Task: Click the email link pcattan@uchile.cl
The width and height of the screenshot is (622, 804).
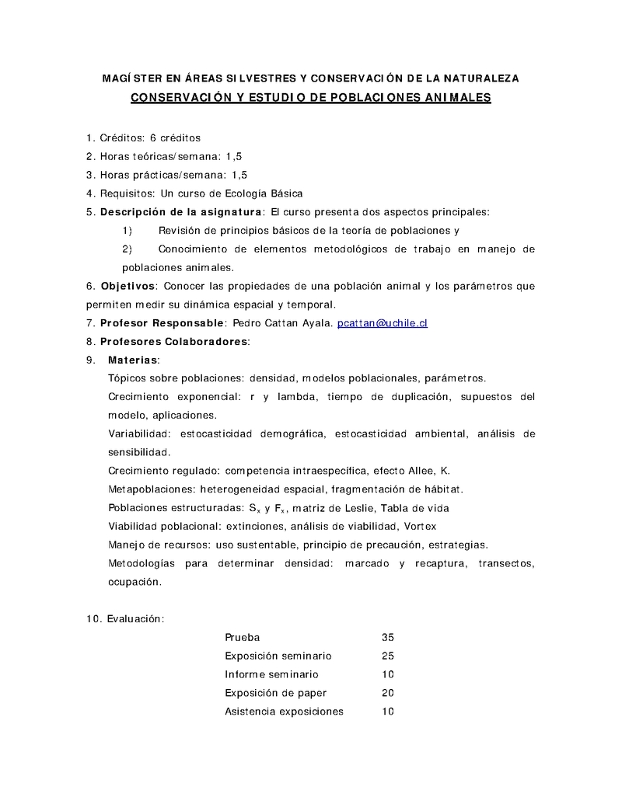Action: point(382,322)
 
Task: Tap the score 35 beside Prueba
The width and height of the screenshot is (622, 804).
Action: point(388,637)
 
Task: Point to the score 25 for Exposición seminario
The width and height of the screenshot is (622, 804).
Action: point(388,656)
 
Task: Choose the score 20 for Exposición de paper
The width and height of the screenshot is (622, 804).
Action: point(388,693)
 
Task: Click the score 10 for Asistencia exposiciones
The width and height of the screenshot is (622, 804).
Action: point(388,712)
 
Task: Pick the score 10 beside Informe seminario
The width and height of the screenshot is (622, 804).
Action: point(388,674)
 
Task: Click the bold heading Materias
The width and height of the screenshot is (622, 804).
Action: point(133,360)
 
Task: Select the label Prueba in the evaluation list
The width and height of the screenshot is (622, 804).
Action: point(242,637)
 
